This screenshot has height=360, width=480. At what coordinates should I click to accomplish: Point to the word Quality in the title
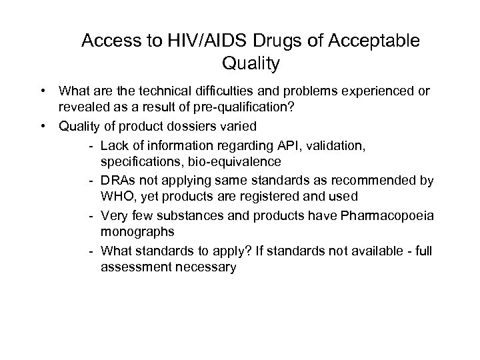click(249, 64)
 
